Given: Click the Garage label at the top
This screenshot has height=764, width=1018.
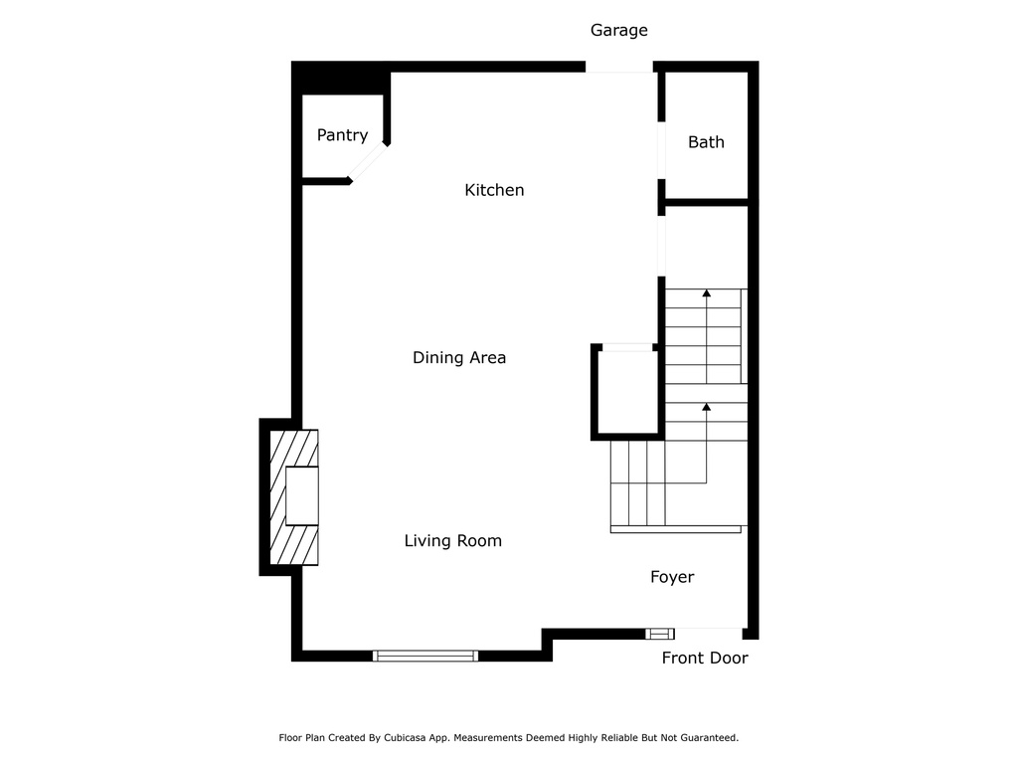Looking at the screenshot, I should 618,30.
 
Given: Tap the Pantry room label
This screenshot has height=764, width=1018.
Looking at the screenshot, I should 342,135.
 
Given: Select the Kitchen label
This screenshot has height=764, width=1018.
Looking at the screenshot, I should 494,190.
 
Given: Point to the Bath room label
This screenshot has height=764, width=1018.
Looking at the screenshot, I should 706,142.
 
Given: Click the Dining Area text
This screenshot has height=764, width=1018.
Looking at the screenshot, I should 459,357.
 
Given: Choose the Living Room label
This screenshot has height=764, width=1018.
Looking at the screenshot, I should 452,541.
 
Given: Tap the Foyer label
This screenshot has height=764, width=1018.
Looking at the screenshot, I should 672,577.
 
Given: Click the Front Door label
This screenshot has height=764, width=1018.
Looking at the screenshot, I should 705,658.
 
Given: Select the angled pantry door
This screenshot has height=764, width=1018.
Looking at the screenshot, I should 369,163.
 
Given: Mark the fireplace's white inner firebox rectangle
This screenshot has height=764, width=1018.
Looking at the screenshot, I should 302,495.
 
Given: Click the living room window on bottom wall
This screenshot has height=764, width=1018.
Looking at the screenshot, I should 425,656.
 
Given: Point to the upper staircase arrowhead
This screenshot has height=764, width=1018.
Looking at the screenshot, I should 706,293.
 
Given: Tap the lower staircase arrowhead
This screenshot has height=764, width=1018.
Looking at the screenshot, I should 706,407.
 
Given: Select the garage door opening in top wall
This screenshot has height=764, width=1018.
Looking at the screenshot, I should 618,68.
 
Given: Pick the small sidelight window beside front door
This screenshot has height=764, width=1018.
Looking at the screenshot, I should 660,634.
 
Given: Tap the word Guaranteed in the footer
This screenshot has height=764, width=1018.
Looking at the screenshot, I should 704,738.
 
